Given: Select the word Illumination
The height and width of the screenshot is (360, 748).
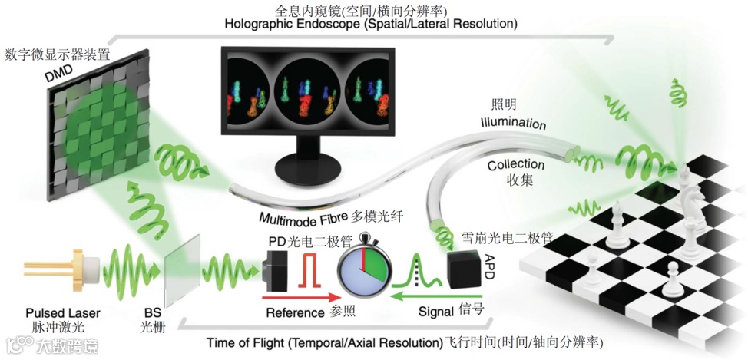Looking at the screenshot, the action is coord(513,124).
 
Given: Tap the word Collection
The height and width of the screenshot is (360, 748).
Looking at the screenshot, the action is coord(515,164).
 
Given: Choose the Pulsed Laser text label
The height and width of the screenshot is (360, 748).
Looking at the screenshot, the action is coord(62,313).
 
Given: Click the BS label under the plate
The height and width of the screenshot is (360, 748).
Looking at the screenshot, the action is coord(152,313).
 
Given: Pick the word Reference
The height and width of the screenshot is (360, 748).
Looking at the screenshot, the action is coord(295,313).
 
